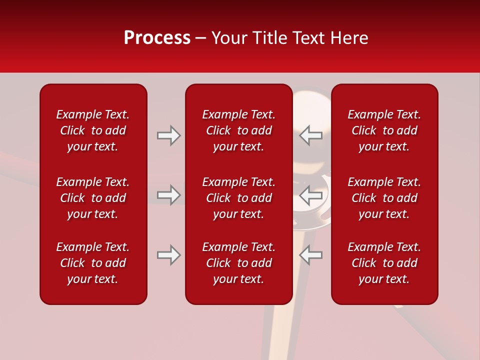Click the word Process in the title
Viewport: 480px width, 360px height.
tap(157, 38)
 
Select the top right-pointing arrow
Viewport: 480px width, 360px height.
tap(169, 135)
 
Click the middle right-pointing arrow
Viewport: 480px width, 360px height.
tap(169, 195)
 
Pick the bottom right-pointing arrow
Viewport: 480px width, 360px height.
tap(169, 255)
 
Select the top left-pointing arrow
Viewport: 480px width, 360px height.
tap(311, 135)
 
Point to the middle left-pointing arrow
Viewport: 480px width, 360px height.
tap(311, 195)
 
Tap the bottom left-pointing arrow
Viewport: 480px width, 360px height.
tap(311, 255)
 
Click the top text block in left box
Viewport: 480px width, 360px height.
tap(93, 130)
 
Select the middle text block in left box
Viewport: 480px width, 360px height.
tap(93, 198)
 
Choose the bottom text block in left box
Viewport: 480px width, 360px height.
tap(93, 263)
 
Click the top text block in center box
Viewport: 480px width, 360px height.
tap(239, 130)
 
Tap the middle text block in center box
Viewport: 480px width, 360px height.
tap(239, 198)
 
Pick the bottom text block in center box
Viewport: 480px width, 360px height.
tap(239, 263)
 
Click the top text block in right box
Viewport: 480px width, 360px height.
tap(384, 130)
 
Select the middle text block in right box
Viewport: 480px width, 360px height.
tap(384, 198)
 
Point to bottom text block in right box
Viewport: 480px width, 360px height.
tap(384, 263)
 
